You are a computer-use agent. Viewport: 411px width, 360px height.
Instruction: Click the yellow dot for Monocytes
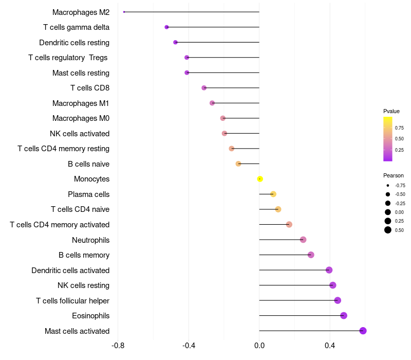[260, 179]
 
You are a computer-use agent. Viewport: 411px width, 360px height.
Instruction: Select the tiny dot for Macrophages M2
[124, 12]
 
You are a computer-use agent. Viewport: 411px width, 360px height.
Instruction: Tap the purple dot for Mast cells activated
[363, 331]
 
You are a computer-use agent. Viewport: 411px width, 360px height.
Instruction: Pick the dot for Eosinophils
[344, 316]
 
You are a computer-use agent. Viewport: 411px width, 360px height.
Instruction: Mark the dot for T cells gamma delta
[166, 27]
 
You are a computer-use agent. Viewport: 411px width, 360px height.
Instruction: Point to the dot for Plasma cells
[273, 194]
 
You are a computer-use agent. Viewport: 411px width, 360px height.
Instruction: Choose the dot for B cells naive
[238, 164]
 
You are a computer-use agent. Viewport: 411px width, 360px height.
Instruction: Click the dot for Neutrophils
[303, 240]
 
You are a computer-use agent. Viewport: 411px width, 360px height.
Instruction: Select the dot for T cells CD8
[204, 88]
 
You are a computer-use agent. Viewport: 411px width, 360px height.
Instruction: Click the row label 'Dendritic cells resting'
[74, 43]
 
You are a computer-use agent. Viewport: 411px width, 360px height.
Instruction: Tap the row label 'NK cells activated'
[80, 134]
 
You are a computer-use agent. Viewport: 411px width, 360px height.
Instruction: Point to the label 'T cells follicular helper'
[72, 301]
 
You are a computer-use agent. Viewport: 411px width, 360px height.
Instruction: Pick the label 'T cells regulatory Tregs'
[68, 58]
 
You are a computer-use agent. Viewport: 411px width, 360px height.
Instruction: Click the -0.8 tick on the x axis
[118, 345]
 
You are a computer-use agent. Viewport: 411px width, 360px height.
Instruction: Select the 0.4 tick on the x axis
[330, 345]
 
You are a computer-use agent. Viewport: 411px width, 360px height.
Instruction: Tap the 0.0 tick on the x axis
[259, 345]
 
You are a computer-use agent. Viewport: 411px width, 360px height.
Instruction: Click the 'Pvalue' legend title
[391, 111]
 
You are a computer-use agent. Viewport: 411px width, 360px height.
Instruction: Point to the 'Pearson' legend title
[394, 175]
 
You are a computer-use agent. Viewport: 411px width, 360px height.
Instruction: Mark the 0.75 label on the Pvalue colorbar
[399, 128]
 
